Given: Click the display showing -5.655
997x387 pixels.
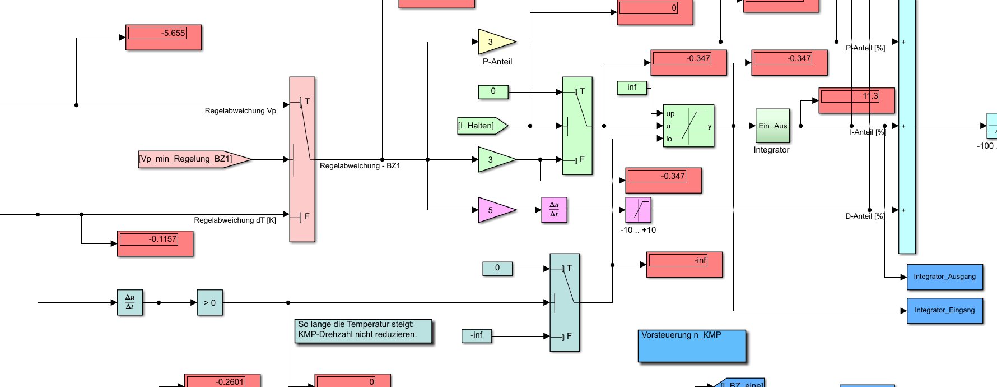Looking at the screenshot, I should click(x=163, y=38).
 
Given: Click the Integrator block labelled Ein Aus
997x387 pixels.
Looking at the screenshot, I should click(x=772, y=126).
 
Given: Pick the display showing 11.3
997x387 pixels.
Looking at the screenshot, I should click(x=856, y=100).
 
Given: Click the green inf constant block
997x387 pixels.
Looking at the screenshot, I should click(x=632, y=87).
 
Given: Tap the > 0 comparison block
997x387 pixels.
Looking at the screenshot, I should click(x=209, y=302).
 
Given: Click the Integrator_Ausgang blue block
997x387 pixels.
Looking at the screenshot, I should click(x=944, y=277).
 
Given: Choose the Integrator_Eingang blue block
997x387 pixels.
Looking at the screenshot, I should click(x=944, y=310).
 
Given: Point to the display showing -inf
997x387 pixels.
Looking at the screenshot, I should click(x=684, y=264).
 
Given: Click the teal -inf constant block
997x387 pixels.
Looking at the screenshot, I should click(x=476, y=335).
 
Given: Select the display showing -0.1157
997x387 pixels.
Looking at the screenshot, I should click(x=155, y=243).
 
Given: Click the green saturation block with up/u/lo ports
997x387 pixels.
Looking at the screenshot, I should click(x=688, y=126).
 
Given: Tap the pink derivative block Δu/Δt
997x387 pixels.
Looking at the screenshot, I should click(x=554, y=210).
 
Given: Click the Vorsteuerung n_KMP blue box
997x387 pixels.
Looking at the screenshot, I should click(x=692, y=346).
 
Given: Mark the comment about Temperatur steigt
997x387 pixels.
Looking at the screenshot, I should click(x=364, y=331).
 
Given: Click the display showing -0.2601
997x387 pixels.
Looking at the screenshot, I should click(x=222, y=381).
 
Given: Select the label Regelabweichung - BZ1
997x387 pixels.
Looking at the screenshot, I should click(x=360, y=166).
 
